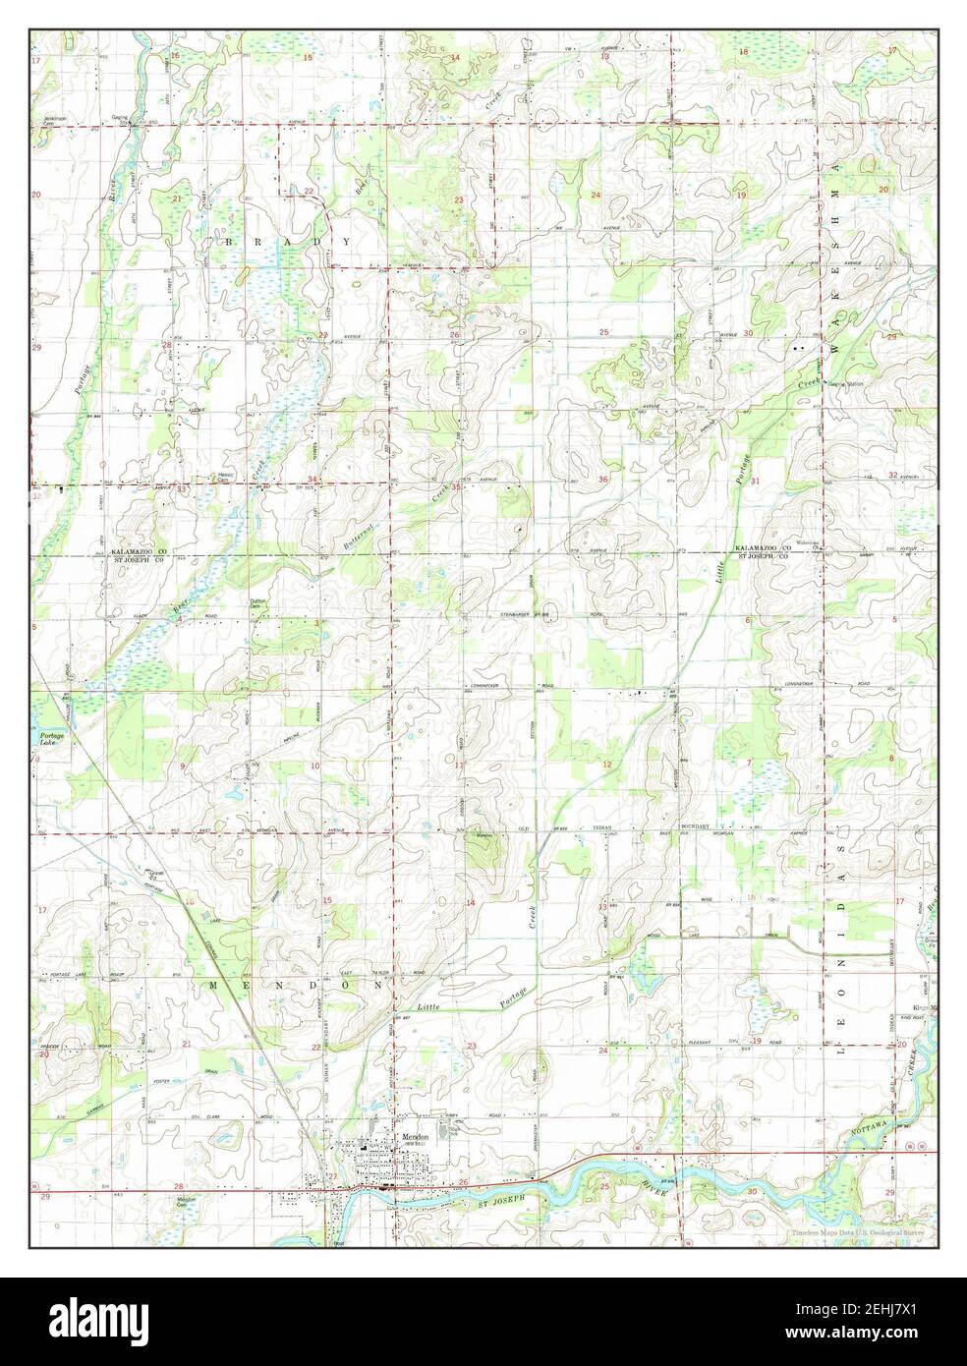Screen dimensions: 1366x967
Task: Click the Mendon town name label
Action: click(410, 1137)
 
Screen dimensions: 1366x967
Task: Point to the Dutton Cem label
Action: click(258, 602)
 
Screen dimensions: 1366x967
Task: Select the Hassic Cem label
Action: click(225, 477)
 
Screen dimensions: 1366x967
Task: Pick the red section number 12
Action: click(606, 764)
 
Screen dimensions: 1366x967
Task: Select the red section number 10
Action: click(315, 765)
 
